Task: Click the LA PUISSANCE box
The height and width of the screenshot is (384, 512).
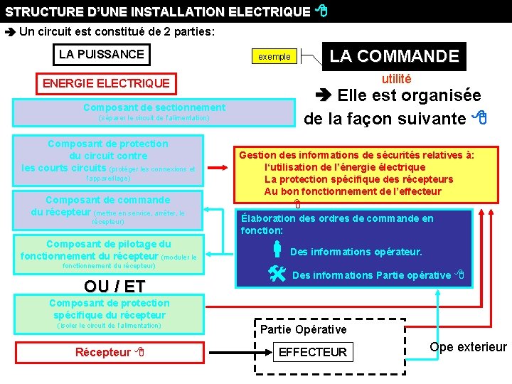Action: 102,54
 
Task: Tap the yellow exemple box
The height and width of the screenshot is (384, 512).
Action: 274,56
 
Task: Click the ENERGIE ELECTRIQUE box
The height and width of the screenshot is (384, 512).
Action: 107,83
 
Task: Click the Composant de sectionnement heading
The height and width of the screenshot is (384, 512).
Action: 154,107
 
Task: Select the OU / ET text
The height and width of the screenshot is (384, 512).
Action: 114,287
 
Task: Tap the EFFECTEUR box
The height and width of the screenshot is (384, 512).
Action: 313,352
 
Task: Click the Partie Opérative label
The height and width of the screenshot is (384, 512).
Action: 304,329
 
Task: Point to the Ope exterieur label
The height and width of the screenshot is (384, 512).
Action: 468,347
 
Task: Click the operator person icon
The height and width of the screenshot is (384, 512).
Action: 277,250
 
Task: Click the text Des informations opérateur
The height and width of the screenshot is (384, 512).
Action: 356,252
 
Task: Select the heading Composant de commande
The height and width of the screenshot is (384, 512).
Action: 107,200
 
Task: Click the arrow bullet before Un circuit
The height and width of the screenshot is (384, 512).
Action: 10,32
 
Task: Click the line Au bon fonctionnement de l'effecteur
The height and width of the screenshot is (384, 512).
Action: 353,191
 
